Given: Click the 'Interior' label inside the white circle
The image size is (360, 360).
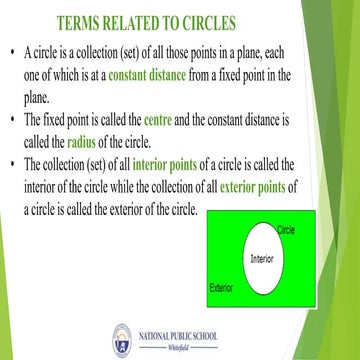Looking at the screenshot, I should point(262,258).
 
